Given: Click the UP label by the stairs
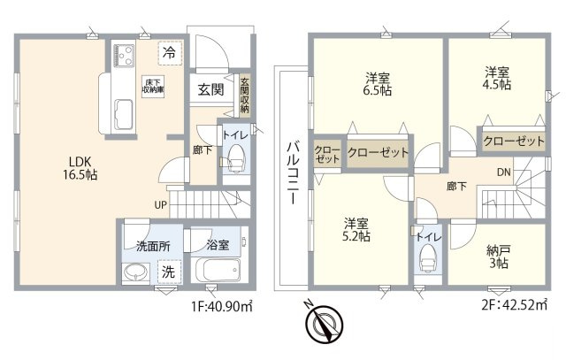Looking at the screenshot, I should (x=160, y=204).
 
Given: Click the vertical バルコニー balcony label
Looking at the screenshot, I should (x=289, y=173).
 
